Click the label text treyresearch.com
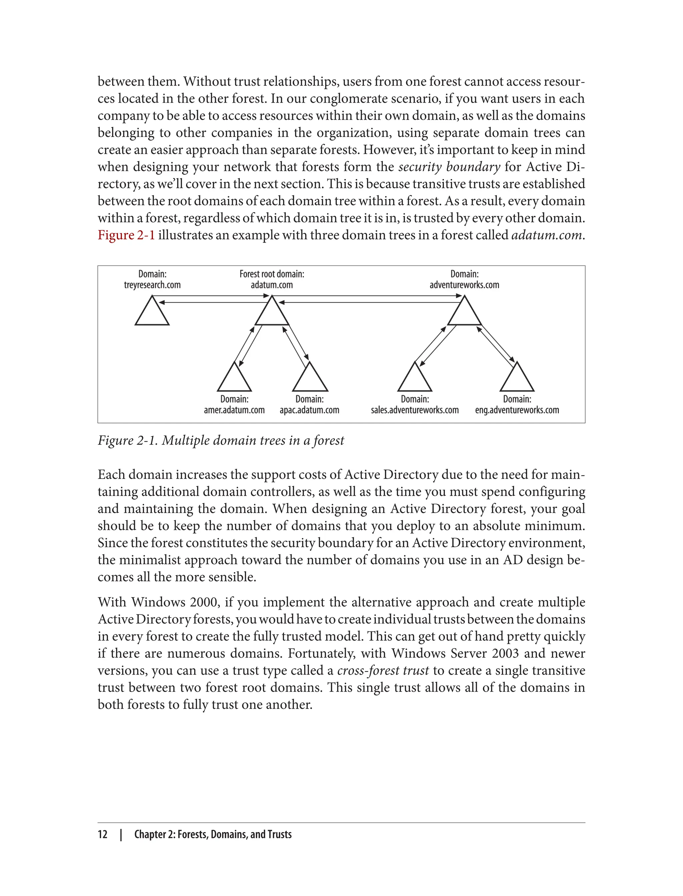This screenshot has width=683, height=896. [152, 285]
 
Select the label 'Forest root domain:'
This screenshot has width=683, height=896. [271, 274]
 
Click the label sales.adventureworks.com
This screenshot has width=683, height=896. [415, 410]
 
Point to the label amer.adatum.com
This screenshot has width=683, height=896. [234, 410]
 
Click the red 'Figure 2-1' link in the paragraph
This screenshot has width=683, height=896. [126, 235]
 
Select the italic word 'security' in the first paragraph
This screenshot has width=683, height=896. [420, 167]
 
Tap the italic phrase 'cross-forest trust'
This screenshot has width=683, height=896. [383, 670]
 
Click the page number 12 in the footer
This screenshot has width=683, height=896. [102, 834]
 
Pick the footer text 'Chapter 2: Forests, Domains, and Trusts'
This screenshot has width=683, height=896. [213, 834]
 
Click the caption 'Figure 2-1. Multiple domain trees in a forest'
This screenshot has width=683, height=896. [221, 440]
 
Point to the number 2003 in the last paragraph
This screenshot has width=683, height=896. [505, 653]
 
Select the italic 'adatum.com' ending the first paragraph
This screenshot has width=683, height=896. [546, 235]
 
